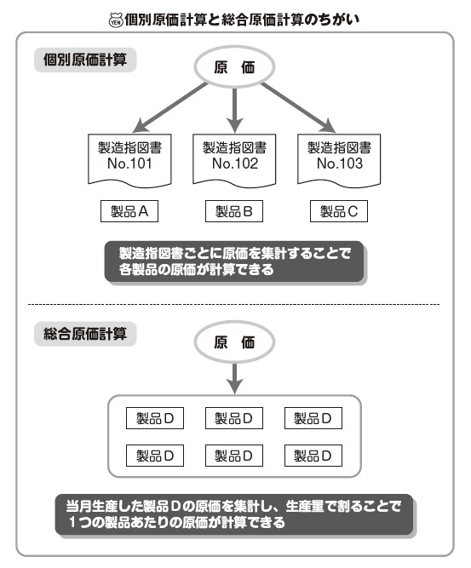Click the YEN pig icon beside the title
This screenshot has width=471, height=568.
coord(116,20)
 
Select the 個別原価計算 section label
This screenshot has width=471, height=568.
coord(85,60)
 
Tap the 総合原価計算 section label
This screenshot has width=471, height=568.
coord(85,334)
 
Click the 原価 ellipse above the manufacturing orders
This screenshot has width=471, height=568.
coord(234,67)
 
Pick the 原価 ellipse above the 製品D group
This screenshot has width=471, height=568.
coord(234,342)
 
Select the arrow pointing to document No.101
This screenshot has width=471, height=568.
coord(170,107)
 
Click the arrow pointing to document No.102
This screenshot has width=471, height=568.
coord(234,111)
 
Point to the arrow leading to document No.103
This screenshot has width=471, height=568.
coord(299,107)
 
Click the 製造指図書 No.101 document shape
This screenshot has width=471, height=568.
coord(129,160)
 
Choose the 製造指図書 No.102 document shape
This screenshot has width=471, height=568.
coord(234,160)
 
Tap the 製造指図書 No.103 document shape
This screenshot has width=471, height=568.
coord(339,160)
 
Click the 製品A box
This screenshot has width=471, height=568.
coord(129,211)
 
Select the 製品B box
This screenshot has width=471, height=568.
coord(234,211)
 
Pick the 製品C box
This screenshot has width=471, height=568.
coord(339,211)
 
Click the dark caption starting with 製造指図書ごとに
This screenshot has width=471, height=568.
coord(235,262)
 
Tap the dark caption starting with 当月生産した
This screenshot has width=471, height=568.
coord(235,514)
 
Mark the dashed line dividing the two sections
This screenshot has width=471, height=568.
coord(233,304)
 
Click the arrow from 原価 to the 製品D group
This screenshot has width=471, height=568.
coord(234,379)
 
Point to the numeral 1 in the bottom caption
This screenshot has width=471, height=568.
coord(72,522)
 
